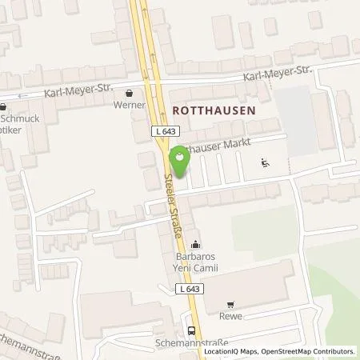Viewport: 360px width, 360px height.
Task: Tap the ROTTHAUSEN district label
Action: pos(212,110)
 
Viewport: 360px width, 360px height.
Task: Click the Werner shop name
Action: pos(130,105)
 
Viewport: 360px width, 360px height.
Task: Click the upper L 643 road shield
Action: pos(162,130)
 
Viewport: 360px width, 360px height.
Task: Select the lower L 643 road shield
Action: pos(187,289)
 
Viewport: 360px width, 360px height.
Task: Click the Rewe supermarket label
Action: pos(232,315)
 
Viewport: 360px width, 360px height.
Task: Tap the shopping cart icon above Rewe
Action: pos(231,304)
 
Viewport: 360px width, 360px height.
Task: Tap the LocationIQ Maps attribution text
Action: pos(231,351)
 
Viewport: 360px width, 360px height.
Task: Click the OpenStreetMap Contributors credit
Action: pos(310,351)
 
